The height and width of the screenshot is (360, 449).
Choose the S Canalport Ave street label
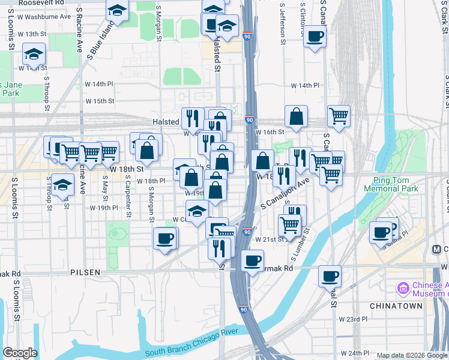point(285,194)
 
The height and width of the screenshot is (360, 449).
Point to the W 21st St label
point(269,239)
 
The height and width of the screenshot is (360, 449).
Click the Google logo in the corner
point(20,353)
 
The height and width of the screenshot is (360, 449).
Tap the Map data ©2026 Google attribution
point(412,355)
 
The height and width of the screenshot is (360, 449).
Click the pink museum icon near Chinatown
point(402,289)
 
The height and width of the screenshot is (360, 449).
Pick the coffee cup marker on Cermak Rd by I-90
point(253,260)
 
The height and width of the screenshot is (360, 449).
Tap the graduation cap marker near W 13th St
point(34,54)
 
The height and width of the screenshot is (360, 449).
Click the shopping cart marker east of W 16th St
point(339,116)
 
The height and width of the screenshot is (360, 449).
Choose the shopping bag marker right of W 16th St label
point(297,116)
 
